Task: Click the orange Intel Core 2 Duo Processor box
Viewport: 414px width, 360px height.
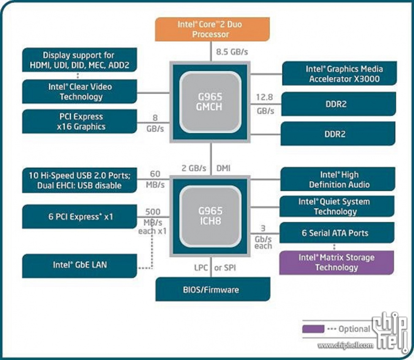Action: [212, 29]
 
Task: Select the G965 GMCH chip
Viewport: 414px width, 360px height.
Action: [210, 102]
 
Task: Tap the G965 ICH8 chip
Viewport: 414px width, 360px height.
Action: [210, 216]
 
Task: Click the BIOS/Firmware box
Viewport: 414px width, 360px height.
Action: [213, 289]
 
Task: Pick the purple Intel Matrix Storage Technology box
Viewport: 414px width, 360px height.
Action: [337, 262]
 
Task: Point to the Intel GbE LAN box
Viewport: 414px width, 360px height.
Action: [79, 266]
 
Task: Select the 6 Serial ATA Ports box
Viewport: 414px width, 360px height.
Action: [337, 233]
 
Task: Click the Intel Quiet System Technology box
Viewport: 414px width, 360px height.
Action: [337, 206]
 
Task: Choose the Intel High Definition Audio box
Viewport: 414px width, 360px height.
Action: [338, 179]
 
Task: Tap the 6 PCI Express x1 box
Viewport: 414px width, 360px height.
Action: [79, 217]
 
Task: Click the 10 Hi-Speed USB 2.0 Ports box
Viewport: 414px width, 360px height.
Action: [79, 180]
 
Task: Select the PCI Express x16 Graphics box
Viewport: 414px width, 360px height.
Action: [79, 122]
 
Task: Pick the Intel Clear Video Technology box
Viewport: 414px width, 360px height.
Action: [79, 92]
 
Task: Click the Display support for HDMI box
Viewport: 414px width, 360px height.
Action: [79, 60]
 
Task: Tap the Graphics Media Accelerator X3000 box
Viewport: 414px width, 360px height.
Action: [339, 74]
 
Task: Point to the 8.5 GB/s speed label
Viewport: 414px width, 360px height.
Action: [232, 52]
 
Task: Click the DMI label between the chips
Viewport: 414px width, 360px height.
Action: [223, 168]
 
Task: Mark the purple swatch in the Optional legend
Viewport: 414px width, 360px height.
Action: [313, 329]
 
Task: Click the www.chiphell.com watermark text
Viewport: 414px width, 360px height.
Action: [346, 345]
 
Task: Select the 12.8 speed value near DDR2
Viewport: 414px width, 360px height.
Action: [264, 97]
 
